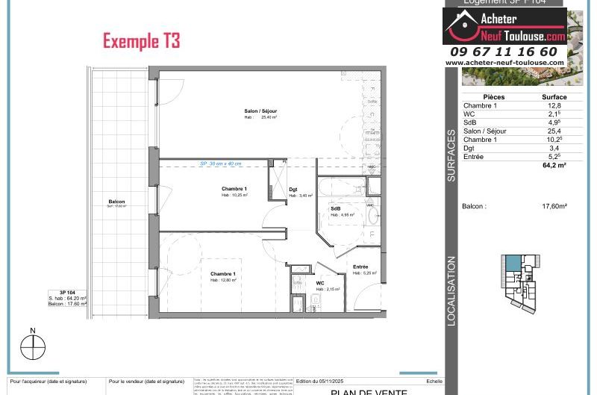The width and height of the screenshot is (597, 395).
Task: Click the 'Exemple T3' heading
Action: pos(141,40)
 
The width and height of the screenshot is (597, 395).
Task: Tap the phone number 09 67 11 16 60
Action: pos(504,52)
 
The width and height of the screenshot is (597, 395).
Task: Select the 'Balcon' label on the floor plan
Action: pos(116,202)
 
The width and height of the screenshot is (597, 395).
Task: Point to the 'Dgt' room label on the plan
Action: pos(293,190)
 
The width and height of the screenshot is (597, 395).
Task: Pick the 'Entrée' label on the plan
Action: pos(360,267)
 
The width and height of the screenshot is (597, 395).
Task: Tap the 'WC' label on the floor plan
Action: pos(320,283)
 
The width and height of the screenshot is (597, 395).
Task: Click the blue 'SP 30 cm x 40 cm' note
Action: pos(220,164)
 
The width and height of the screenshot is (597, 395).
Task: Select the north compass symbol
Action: pos(33,347)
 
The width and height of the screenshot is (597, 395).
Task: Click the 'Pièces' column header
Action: pos(494,97)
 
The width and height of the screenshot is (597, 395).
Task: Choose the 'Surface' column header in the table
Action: pos(554,97)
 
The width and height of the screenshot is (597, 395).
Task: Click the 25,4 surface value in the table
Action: pos(554,131)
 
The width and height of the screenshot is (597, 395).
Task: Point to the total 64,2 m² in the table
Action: pos(554,166)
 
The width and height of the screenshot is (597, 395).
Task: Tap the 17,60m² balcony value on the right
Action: pos(554,206)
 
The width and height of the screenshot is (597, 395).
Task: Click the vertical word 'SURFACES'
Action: pos(451,156)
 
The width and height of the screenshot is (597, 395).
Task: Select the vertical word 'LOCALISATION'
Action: pos(451,290)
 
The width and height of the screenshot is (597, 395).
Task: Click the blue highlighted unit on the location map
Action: pos(513,264)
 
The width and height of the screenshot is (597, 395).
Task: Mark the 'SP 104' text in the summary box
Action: pos(68,293)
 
